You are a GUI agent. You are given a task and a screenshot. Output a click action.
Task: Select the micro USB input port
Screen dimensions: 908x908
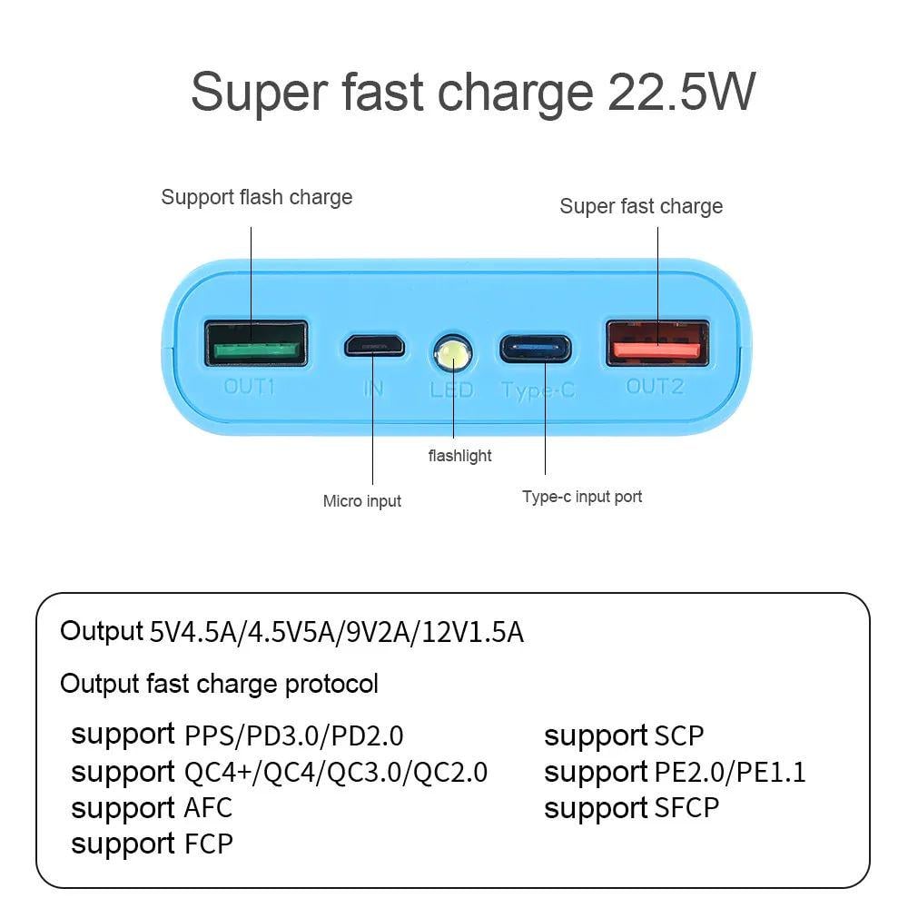click(x=373, y=345)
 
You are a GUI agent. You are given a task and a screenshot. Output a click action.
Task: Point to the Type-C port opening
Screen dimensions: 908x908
click(x=534, y=348)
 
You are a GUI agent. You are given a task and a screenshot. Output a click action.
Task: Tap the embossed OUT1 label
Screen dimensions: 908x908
click(x=250, y=387)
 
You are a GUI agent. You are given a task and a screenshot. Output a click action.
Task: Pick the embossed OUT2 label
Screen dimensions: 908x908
click(x=655, y=387)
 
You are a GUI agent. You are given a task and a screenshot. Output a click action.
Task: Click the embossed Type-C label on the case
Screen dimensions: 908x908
click(x=538, y=391)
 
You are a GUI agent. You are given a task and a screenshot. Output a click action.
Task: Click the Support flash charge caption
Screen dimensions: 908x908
click(x=256, y=197)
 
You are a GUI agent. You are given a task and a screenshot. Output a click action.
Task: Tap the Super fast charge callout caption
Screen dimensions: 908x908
click(x=641, y=206)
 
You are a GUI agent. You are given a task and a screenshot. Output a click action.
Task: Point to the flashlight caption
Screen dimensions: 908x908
click(x=459, y=456)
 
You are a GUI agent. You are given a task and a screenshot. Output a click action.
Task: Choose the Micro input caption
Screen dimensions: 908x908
click(x=361, y=501)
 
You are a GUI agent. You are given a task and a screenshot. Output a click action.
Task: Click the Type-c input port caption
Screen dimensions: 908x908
click(x=582, y=497)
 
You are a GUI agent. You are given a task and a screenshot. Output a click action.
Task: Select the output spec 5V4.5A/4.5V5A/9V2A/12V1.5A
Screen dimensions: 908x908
click(x=336, y=632)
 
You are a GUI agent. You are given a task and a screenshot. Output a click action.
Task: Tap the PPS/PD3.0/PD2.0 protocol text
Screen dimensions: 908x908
click(x=293, y=735)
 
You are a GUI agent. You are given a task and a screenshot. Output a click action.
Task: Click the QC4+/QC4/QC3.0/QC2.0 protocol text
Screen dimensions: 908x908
click(x=335, y=772)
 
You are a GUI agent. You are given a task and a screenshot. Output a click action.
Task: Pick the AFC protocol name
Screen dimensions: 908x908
click(x=208, y=807)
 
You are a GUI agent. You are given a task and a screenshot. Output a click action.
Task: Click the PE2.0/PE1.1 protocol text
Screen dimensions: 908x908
click(x=730, y=772)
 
